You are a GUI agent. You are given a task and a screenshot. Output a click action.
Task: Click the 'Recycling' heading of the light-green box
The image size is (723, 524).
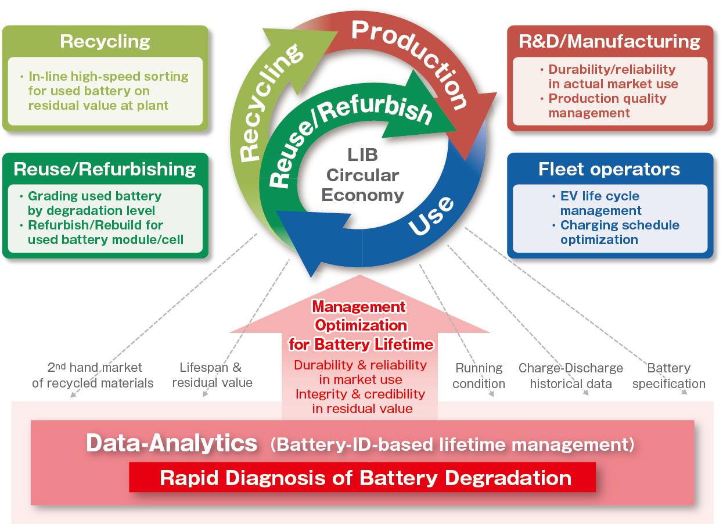pos(105,42)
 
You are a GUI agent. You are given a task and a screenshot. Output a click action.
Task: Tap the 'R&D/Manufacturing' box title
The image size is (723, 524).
pos(610,42)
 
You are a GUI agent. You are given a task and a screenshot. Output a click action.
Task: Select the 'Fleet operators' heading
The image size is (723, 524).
pos(609,169)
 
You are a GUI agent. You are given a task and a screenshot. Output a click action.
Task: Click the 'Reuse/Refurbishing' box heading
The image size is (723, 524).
pos(105,169)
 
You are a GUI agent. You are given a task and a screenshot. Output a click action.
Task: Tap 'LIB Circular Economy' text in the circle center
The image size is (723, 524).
pos(362,175)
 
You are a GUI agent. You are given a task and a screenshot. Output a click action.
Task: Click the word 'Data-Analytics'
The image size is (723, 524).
pos(172,443)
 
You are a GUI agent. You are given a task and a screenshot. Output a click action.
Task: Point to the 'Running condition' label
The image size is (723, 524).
pos(479,376)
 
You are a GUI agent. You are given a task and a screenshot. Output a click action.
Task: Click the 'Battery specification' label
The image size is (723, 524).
pos(669,376)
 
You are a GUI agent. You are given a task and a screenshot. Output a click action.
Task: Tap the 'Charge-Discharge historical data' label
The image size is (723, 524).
pos(571,376)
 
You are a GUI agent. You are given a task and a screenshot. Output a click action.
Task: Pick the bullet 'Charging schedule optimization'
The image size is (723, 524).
pos(619,232)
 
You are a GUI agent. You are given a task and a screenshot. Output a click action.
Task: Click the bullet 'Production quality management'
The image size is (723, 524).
pos(606,106)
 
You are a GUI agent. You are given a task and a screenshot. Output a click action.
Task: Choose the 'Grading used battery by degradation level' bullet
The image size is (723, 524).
pos(93,203)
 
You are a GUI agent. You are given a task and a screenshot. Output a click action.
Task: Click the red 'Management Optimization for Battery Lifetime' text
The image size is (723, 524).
pos(361,325)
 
